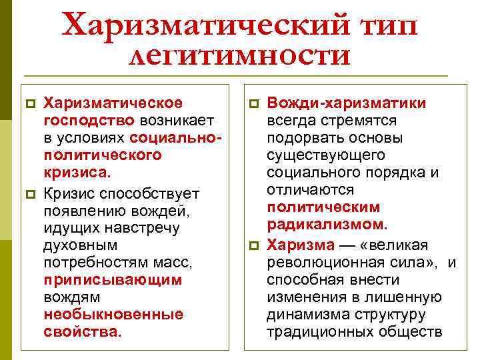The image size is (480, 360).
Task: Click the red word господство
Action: tap(89, 120)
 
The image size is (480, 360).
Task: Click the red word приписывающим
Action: tap(113, 280)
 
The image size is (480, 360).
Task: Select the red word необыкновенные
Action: tap(113, 314)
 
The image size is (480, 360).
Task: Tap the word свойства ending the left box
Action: tap(83, 331)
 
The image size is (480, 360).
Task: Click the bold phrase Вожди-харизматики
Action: tap(347, 103)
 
